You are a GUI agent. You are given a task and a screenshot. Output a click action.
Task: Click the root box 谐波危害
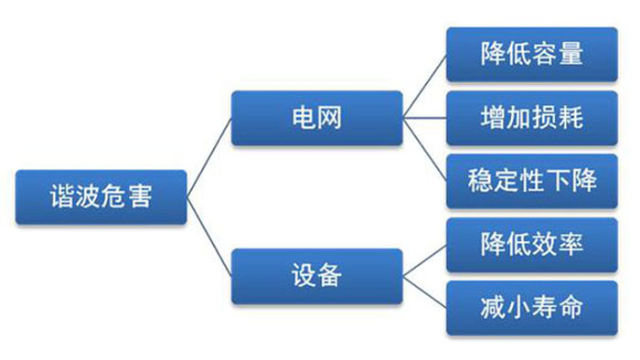pos(101,197)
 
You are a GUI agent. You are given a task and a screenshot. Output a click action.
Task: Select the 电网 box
pos(315,118)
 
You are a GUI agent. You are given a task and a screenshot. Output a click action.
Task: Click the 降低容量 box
pos(531,55)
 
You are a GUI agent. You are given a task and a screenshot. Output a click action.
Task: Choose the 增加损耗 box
pos(531,117)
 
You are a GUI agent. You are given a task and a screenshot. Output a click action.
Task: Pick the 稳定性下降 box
pos(531,180)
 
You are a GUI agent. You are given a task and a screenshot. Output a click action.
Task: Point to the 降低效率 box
pos(531,244)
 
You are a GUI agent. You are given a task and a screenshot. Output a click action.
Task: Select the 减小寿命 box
pos(531,306)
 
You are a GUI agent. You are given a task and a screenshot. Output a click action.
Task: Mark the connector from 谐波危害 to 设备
pos(209,237)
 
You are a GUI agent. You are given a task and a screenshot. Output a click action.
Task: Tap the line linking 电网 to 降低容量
pos(424,86)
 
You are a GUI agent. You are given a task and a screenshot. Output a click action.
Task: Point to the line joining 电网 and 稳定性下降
pos(424,149)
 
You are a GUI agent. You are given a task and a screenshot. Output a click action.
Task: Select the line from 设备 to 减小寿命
pos(424,291)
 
